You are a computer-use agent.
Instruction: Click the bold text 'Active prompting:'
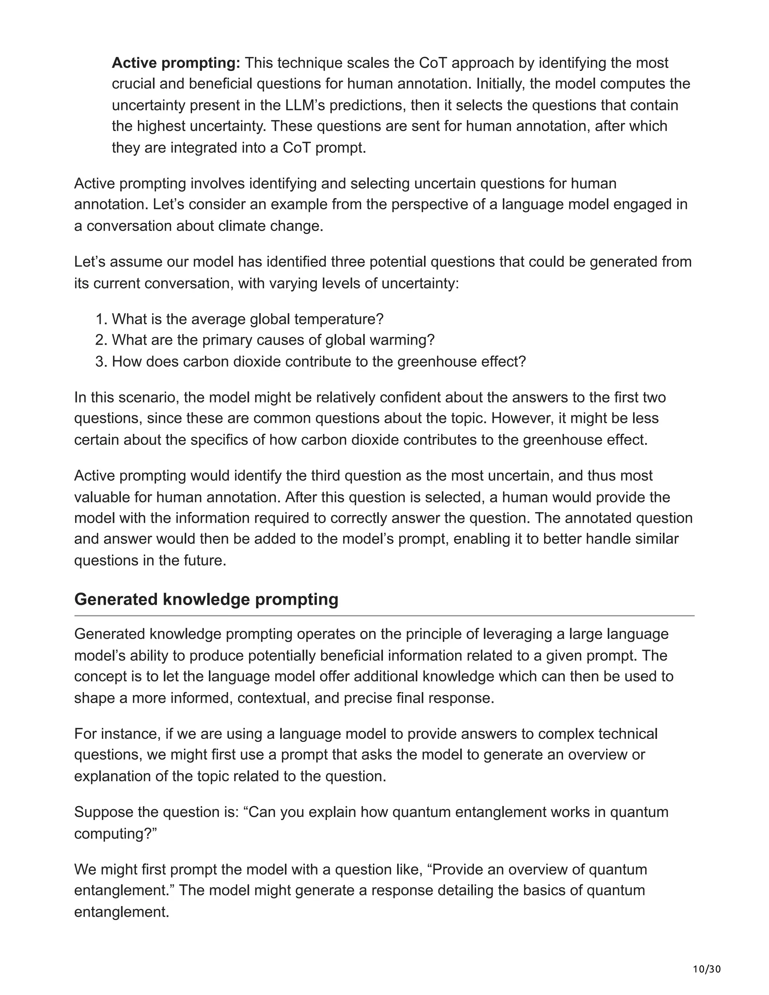click(176, 63)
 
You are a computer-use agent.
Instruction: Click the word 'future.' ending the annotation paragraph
click(204, 560)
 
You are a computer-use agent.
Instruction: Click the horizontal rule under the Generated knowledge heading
click(384, 616)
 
